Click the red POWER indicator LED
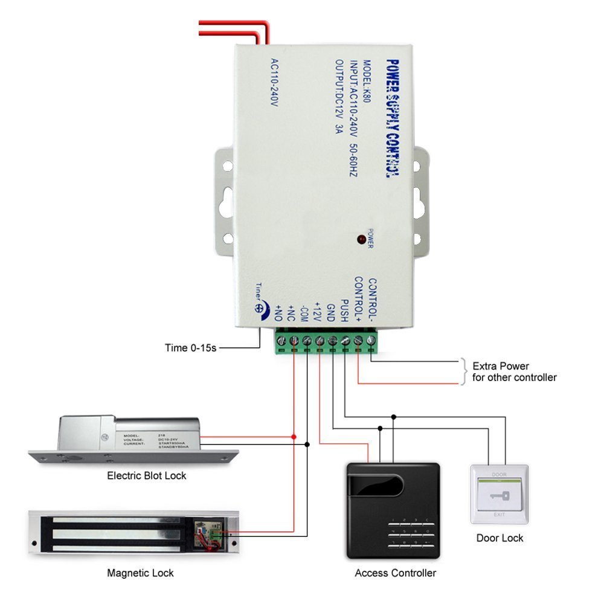click(361, 239)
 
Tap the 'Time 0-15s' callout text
click(190, 348)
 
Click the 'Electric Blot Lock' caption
click(147, 476)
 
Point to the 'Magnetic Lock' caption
click(140, 573)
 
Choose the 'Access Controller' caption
click(395, 573)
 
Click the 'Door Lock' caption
click(499, 538)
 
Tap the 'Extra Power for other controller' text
click(514, 372)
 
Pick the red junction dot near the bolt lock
click(294, 436)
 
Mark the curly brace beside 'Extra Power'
click(464, 371)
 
